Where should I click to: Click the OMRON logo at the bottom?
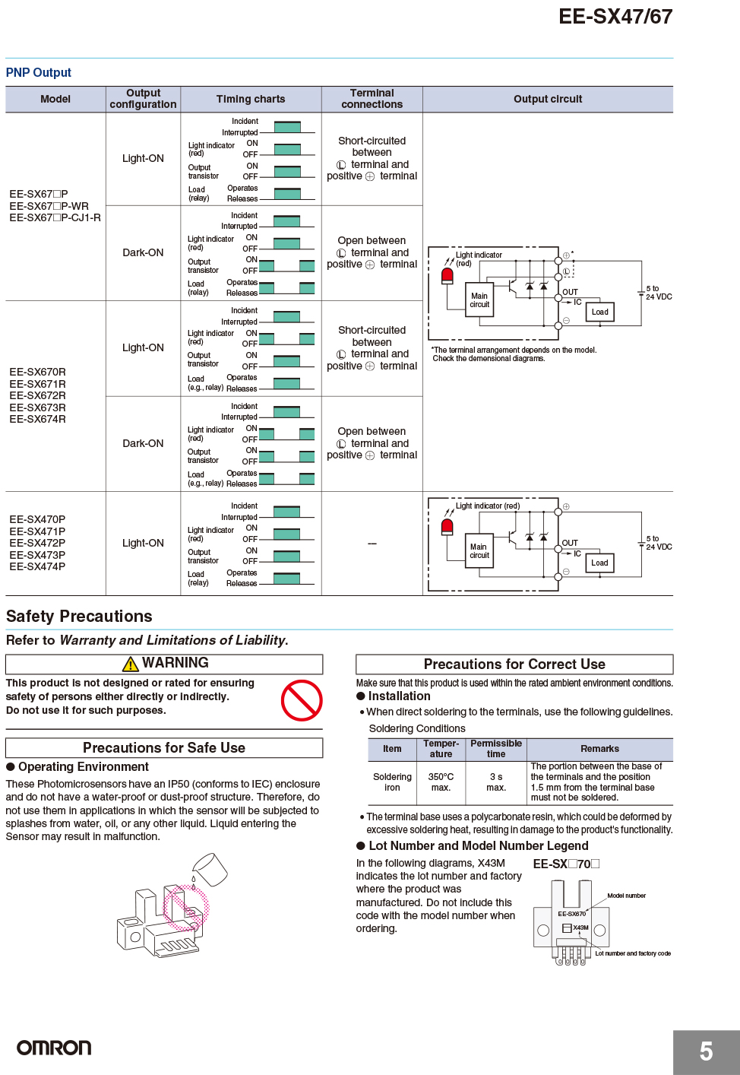coord(54,1048)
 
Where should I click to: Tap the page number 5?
coord(706,1051)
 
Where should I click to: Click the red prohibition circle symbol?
coord(302,700)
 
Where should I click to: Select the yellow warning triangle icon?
coord(131,664)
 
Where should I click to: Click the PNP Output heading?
coord(38,72)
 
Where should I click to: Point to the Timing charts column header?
coord(251,99)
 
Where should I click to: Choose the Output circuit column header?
coord(548,99)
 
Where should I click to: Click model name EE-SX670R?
coord(37,372)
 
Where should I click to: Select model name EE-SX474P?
coord(37,566)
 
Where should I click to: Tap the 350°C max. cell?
coord(441,782)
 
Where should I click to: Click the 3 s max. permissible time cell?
coord(496,782)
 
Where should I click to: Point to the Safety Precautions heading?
coord(79,617)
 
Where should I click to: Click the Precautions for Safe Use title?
coord(164,747)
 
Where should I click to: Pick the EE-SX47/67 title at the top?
coord(615,16)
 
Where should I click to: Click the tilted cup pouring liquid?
coord(210,869)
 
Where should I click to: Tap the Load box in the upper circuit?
coord(600,312)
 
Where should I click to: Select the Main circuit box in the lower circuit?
coord(479,550)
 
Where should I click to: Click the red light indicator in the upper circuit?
coord(447,276)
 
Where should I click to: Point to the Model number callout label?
coord(626,896)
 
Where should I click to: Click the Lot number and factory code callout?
coord(633,953)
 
